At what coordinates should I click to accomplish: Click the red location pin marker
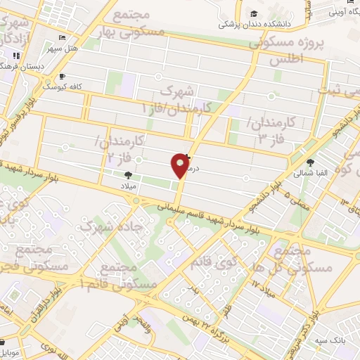click(180, 166)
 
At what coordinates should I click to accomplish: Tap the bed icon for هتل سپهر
click(63, 37)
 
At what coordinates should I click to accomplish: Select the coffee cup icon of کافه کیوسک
click(62, 76)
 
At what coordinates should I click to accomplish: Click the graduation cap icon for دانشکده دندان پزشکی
click(253, 13)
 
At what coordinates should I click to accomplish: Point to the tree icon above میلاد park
click(128, 174)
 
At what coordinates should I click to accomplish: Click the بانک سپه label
click(330, 340)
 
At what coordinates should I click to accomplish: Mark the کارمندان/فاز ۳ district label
click(274, 130)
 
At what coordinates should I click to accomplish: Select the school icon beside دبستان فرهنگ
click(16, 56)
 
